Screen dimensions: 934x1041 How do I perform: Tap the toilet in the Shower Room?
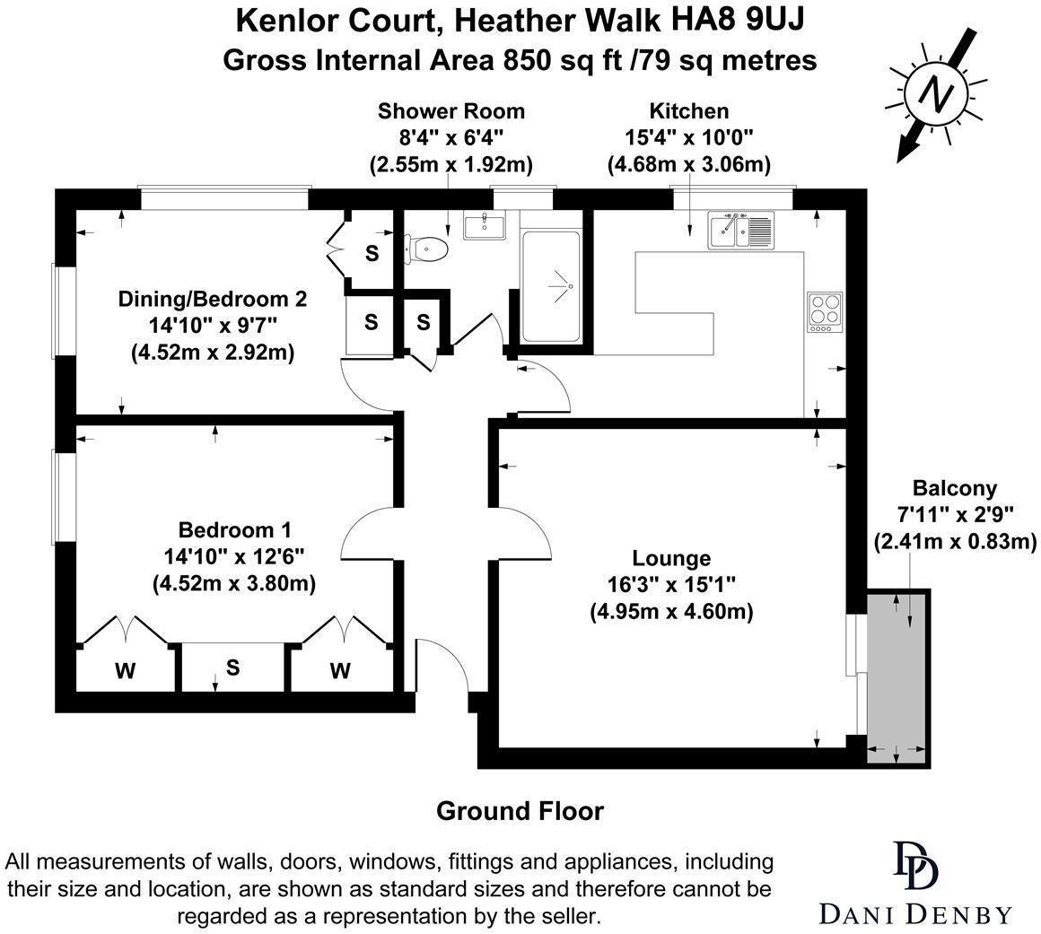click(426, 249)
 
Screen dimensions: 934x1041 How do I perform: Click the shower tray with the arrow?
click(550, 286)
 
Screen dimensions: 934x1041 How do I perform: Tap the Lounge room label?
click(670, 558)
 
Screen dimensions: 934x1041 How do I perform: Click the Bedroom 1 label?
click(234, 529)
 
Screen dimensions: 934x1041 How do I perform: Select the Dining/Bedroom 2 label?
click(213, 298)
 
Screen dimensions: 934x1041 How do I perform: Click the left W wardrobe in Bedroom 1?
click(125, 670)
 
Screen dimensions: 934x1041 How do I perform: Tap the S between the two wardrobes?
click(232, 668)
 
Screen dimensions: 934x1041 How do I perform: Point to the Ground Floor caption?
click(520, 811)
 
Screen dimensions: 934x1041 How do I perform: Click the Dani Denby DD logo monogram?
click(914, 864)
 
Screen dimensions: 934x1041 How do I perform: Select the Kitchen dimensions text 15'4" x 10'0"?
click(688, 137)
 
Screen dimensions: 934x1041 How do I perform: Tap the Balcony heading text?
click(955, 488)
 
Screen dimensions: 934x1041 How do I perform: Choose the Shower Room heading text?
click(451, 111)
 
